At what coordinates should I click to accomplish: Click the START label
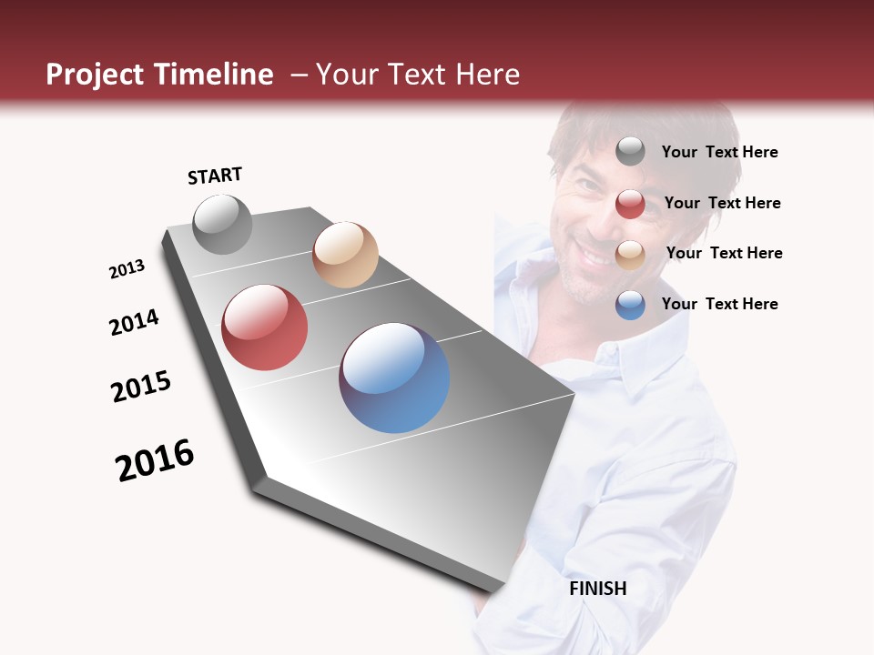(x=215, y=176)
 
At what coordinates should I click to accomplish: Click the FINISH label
(x=597, y=589)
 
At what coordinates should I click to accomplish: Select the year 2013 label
(x=127, y=269)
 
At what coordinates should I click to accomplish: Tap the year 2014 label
(x=135, y=322)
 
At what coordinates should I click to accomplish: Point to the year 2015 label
(x=141, y=387)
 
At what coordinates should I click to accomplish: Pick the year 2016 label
(x=155, y=460)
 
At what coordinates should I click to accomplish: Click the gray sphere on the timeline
(x=222, y=224)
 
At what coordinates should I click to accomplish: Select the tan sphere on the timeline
(x=345, y=255)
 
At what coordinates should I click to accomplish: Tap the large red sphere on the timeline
(x=264, y=327)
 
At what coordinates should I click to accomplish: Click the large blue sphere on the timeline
(x=394, y=378)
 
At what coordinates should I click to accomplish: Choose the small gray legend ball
(x=630, y=151)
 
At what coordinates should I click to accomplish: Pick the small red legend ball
(x=630, y=204)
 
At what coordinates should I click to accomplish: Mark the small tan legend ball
(x=630, y=255)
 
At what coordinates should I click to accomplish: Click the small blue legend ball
(x=630, y=305)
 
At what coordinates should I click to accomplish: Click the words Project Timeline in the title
(x=159, y=75)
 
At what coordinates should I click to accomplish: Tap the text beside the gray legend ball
(x=719, y=152)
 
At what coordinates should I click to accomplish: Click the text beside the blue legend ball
(x=719, y=304)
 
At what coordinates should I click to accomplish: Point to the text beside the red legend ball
(x=722, y=203)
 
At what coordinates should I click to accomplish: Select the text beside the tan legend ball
(x=724, y=253)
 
